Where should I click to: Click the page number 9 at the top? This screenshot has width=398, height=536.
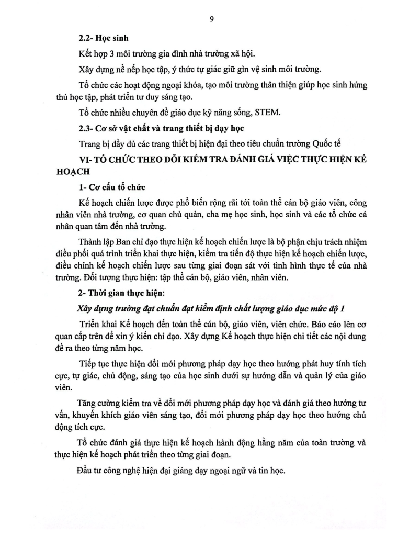[x=211, y=19]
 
